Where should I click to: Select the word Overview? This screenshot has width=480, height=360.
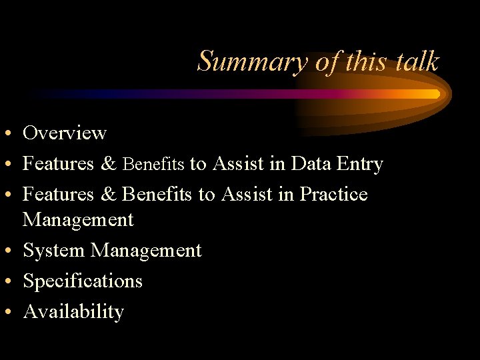coord(65,133)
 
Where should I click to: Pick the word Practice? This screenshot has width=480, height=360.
coord(333,194)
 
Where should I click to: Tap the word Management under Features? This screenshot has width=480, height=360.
coord(78,219)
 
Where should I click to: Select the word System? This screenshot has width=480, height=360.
coord(54,251)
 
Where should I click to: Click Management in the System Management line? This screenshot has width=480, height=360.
coord(146,250)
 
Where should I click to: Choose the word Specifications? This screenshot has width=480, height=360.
coord(83,281)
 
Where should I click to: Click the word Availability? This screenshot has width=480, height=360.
coord(73,312)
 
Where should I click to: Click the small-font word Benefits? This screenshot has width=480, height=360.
coord(154,164)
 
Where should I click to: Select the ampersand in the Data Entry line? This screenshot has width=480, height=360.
coord(109,163)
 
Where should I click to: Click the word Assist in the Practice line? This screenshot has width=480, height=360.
coord(247,194)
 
